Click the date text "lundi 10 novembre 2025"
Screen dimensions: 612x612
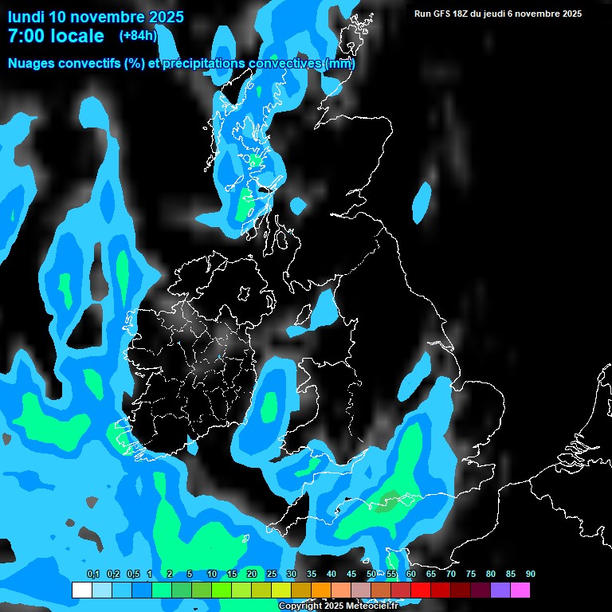[96, 17]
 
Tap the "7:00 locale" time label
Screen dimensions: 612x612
[56, 36]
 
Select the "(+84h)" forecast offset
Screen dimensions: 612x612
[138, 35]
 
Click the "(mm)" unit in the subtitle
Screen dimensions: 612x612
[340, 63]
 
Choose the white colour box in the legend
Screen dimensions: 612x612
[81, 590]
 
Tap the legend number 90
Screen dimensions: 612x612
[530, 574]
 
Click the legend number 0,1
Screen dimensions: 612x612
[92, 574]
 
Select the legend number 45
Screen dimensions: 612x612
[351, 574]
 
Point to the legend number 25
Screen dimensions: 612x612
[272, 574]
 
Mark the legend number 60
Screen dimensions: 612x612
[410, 574]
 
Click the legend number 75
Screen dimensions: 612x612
[470, 574]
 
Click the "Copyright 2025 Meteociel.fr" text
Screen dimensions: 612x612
[337, 606]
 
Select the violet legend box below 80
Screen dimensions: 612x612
[500, 590]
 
